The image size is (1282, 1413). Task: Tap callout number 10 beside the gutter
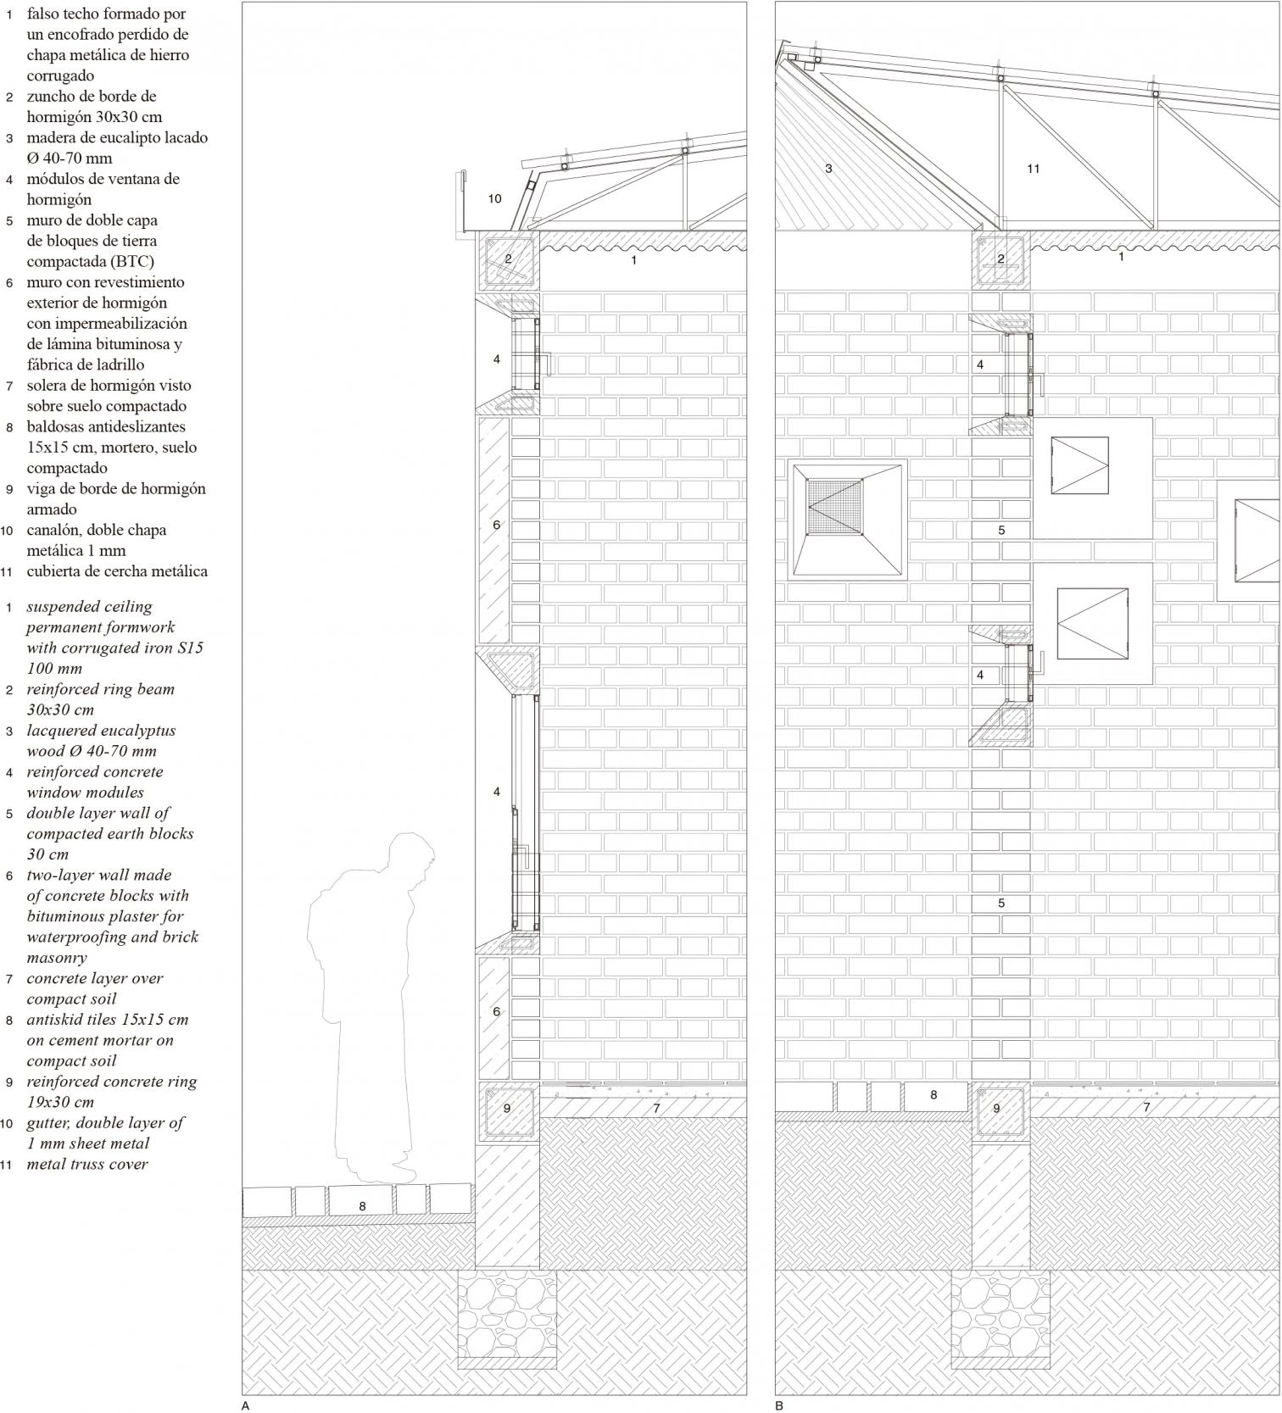494,199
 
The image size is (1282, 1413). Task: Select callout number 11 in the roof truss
1033,169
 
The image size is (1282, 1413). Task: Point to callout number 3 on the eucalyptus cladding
828,169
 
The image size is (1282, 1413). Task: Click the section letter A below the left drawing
245,1405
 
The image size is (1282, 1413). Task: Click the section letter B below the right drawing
778,1405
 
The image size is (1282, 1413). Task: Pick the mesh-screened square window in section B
847,520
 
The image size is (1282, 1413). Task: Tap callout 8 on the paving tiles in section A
362,1206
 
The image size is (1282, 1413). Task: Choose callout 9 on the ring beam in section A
507,1108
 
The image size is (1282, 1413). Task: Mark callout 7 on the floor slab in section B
1146,1107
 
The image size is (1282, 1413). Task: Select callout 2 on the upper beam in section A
508,259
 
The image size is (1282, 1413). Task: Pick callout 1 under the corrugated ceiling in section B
1121,256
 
